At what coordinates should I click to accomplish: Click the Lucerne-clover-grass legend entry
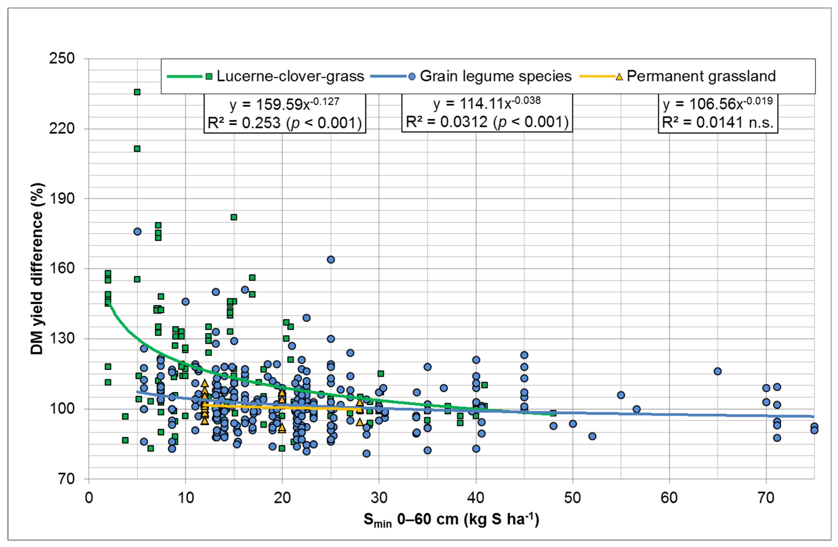[x=290, y=76]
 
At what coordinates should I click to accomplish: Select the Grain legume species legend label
[x=495, y=76]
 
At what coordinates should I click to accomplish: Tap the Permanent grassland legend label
[x=701, y=76]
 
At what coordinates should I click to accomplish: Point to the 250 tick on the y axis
[x=62, y=59]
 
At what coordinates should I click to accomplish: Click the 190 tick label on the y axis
[x=62, y=198]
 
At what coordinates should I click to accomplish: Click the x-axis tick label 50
[x=573, y=498]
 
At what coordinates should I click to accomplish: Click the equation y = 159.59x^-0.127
[x=285, y=104]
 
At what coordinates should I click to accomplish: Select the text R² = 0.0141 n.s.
[x=718, y=122]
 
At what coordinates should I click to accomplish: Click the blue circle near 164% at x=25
[x=331, y=259]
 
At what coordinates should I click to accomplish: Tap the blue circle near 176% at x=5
[x=137, y=232]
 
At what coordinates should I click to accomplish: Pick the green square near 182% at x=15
[x=234, y=217]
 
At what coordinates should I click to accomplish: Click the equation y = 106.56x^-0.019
[x=718, y=104]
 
